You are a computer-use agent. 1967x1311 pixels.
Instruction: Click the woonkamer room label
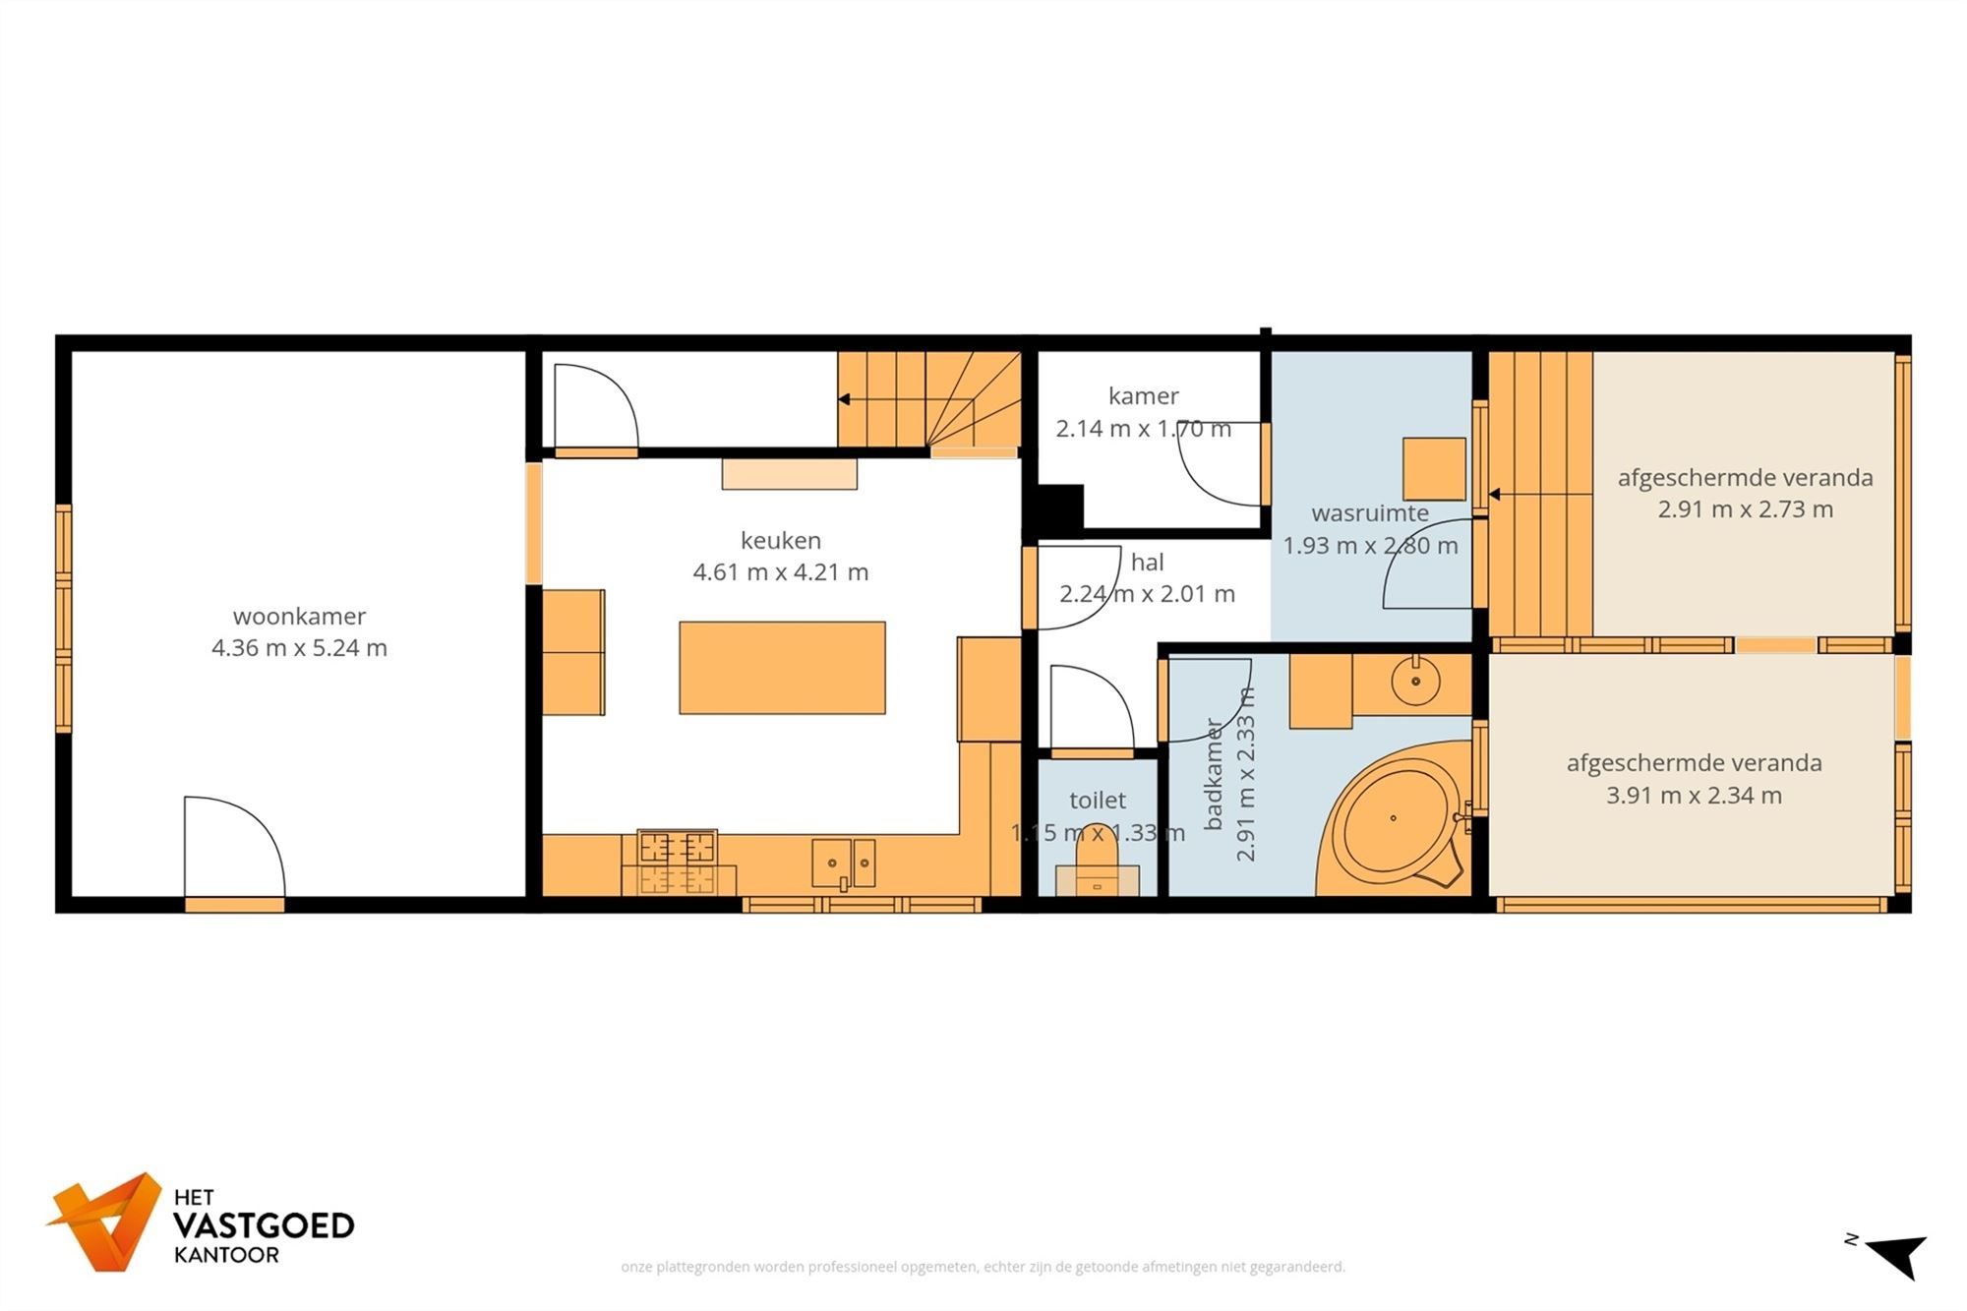coord(299,617)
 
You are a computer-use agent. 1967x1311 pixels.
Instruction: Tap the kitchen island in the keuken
coord(782,668)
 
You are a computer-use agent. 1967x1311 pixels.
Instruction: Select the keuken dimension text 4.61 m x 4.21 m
coord(781,572)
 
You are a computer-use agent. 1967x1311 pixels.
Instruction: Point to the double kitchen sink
coord(844,864)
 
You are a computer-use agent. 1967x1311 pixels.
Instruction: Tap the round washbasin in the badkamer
coord(1416,681)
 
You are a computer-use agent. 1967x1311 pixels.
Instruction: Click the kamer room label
coord(1143,396)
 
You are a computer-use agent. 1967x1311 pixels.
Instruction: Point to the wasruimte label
coord(1370,513)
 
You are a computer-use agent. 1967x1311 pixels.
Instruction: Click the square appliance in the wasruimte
coord(1434,469)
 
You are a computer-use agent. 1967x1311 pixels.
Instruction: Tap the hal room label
coord(1148,563)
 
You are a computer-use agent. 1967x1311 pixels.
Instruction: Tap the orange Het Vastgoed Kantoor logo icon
coord(105,1222)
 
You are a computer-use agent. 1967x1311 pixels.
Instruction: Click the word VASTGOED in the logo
coord(264,1225)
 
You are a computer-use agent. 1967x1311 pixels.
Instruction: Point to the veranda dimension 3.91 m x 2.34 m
coord(1694,796)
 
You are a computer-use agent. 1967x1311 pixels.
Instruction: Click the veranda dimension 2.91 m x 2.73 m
coord(1746,509)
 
